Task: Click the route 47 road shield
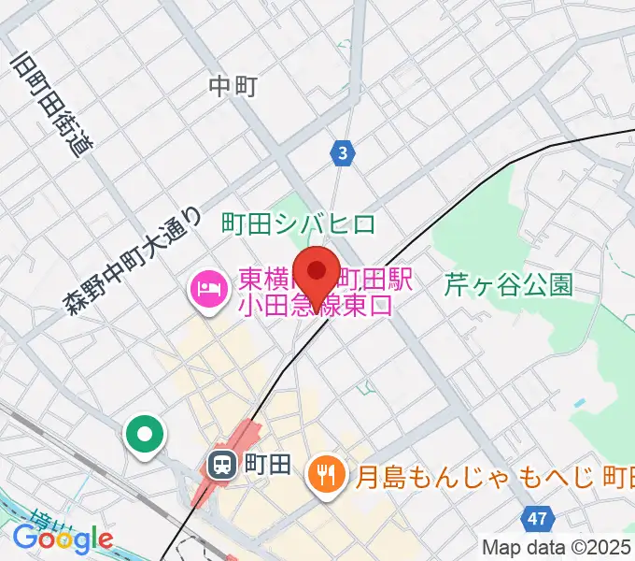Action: click(535, 517)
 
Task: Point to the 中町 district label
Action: click(233, 87)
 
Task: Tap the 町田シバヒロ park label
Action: click(299, 223)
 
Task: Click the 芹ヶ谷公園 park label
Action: click(508, 285)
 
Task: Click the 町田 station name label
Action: click(267, 464)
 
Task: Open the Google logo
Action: click(63, 538)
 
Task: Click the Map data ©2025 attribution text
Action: click(557, 547)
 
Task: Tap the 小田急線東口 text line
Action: click(316, 305)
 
